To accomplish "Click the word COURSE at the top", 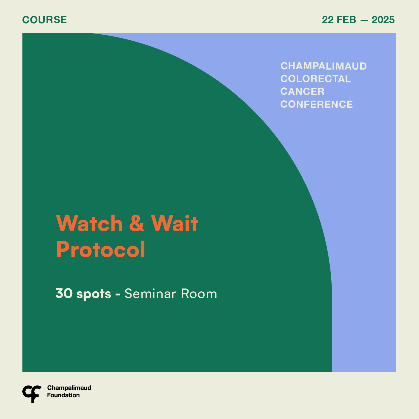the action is click(x=44, y=20).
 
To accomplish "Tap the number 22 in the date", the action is click(x=328, y=20).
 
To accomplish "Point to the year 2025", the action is click(x=383, y=20).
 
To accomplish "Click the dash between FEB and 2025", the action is click(x=364, y=20).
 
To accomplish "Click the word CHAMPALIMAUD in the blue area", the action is click(x=323, y=66).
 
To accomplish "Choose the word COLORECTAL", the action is click(x=315, y=79).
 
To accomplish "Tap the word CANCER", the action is click(x=302, y=92).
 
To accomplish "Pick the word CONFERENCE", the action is click(x=316, y=104).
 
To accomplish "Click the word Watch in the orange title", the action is click(x=89, y=223).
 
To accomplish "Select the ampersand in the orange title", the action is click(x=137, y=223).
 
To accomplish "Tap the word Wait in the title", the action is click(x=175, y=223).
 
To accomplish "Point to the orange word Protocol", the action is click(x=101, y=249).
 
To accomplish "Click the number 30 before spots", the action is click(x=64, y=294).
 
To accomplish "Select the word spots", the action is click(x=94, y=294).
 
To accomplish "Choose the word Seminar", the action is click(x=150, y=294).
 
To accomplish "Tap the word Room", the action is click(x=199, y=294).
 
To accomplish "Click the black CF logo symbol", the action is click(x=32, y=394).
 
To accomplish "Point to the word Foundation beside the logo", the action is click(x=63, y=395).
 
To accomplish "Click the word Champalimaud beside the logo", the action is click(x=69, y=388).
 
